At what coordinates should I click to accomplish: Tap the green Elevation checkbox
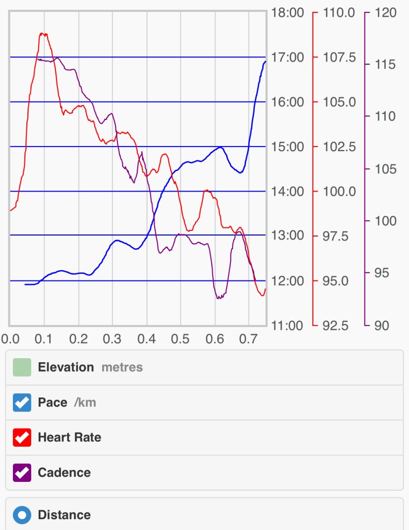[22, 367]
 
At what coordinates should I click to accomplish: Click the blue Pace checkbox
[22, 403]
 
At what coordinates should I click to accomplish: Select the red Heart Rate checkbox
[22, 437]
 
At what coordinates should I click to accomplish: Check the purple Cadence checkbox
[22, 473]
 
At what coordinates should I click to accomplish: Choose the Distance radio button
[22, 515]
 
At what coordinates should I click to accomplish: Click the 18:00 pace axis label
[288, 12]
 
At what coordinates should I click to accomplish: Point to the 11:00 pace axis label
[288, 326]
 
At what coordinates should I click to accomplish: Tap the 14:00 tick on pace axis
[288, 192]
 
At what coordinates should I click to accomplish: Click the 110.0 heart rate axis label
[340, 12]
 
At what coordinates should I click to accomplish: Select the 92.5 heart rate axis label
[340, 326]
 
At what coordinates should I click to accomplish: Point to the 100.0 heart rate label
[340, 192]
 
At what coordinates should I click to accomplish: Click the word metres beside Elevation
[122, 367]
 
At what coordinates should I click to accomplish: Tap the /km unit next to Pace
[85, 403]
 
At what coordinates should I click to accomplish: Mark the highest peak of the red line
[42, 34]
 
